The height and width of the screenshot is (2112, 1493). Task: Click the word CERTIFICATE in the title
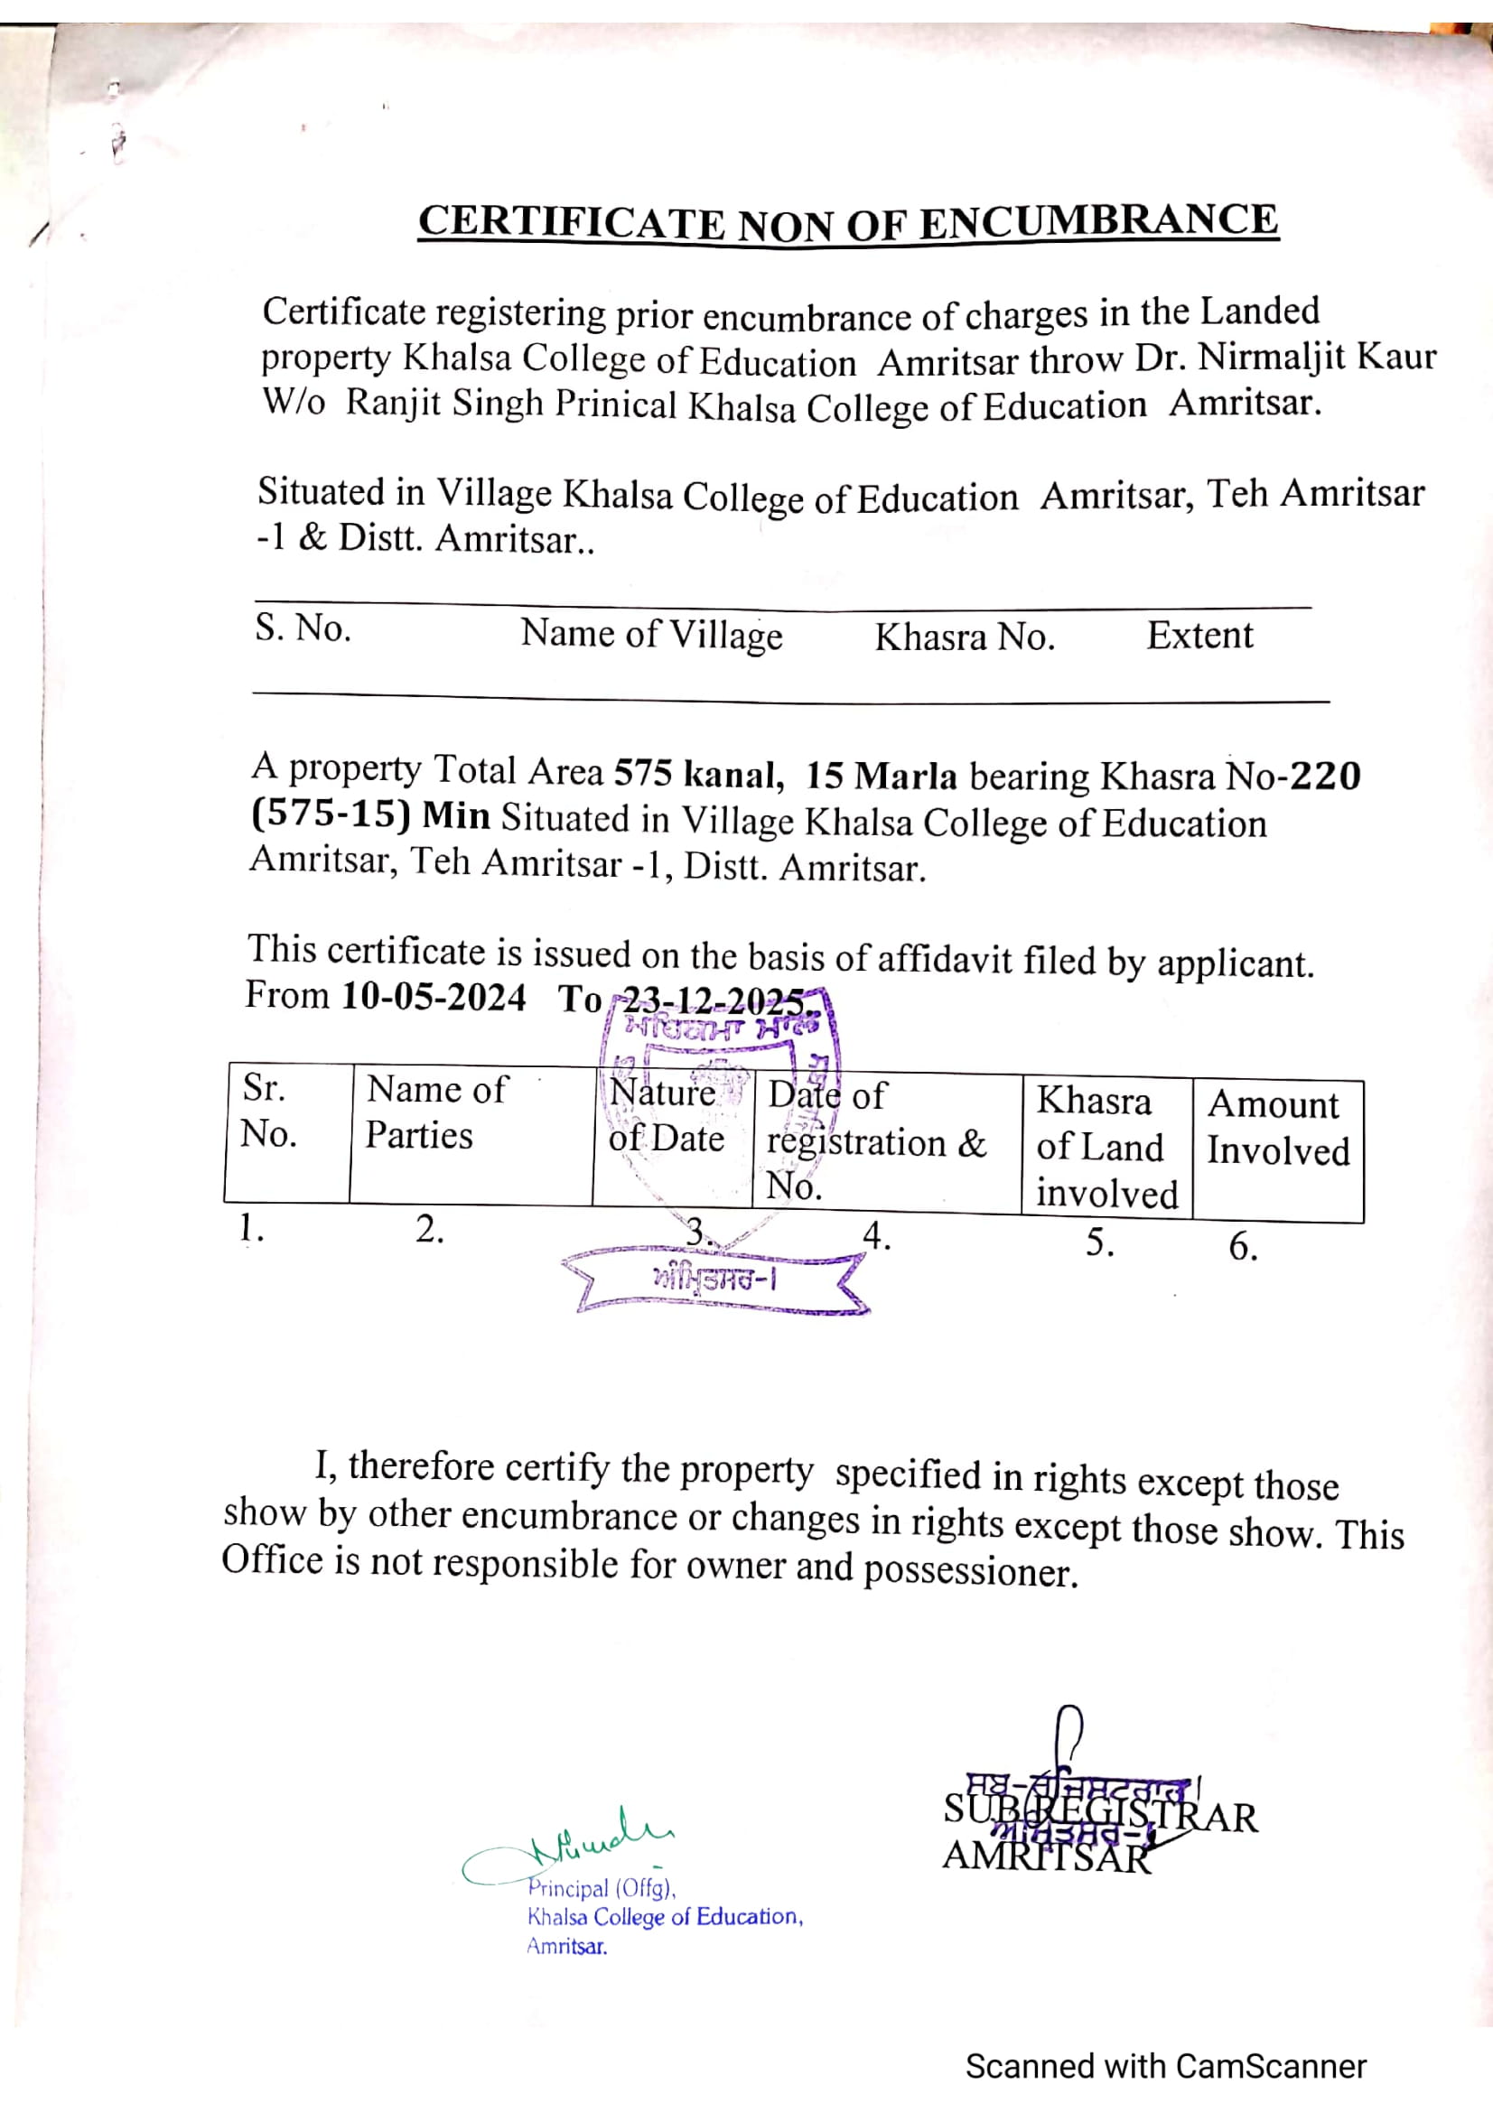pyautogui.click(x=570, y=224)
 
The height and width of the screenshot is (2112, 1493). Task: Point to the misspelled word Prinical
pyautogui.click(x=615, y=405)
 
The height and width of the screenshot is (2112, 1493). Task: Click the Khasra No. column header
pyautogui.click(x=964, y=637)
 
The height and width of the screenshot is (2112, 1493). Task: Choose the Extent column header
pyautogui.click(x=1199, y=636)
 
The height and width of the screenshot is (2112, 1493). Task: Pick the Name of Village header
pyautogui.click(x=651, y=634)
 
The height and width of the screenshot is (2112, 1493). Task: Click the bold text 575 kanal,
pyautogui.click(x=699, y=774)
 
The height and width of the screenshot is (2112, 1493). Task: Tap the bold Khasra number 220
pyautogui.click(x=1325, y=777)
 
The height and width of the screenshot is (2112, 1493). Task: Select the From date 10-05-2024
pyautogui.click(x=434, y=996)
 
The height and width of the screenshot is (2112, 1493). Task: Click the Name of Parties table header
pyautogui.click(x=436, y=1112)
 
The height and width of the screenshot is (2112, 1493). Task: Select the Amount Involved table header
pyautogui.click(x=1277, y=1128)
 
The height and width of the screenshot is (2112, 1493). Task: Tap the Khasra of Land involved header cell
pyautogui.click(x=1106, y=1146)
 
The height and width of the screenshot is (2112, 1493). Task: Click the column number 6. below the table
pyautogui.click(x=1243, y=1246)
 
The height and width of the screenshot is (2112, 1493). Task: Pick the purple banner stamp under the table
pyautogui.click(x=714, y=1279)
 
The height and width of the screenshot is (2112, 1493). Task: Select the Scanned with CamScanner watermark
pyautogui.click(x=1165, y=2066)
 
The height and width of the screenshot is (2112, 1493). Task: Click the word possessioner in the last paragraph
pyautogui.click(x=969, y=1569)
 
